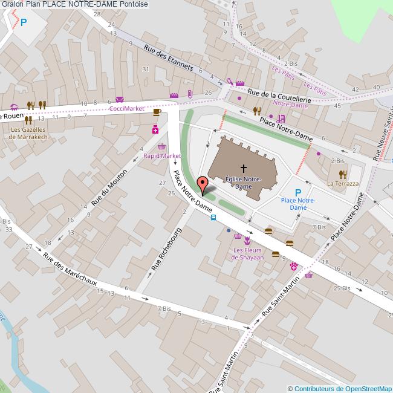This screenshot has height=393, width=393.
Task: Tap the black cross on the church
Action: click(244, 169)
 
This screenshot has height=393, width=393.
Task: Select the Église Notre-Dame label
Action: click(243, 183)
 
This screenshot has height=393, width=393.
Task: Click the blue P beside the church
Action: click(297, 192)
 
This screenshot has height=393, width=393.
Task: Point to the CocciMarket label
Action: click(126, 108)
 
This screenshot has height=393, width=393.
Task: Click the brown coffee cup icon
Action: click(157, 112)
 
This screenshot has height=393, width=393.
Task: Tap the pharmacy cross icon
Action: click(155, 129)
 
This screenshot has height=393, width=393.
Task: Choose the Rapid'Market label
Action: click(161, 155)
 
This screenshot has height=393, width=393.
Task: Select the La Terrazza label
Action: click(343, 183)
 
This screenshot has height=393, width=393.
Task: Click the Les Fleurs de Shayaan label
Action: click(248, 254)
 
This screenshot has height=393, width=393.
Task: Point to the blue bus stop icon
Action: click(213, 218)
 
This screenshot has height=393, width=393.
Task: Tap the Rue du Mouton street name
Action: click(109, 186)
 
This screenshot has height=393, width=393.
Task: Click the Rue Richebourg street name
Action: click(166, 248)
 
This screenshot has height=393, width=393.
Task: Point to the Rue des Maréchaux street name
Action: click(70, 273)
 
